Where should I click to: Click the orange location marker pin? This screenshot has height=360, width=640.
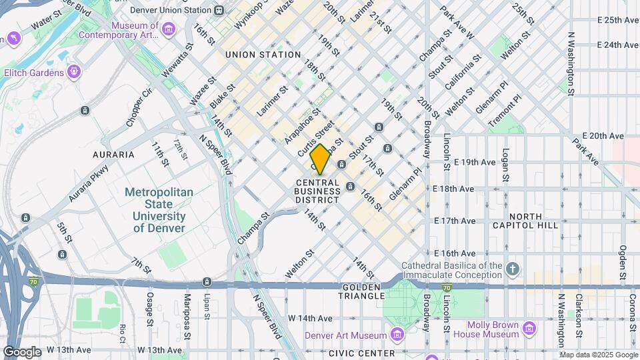(x=320, y=159)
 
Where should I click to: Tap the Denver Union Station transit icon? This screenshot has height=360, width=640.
(x=219, y=10)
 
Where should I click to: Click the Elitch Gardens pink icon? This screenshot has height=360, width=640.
(x=73, y=71)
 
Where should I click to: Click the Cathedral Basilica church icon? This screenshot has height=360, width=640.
(x=511, y=269)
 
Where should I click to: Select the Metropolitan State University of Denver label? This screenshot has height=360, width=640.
(x=159, y=209)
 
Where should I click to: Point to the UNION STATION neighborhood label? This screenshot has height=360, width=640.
(x=263, y=55)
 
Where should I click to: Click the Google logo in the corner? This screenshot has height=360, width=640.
(x=21, y=351)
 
